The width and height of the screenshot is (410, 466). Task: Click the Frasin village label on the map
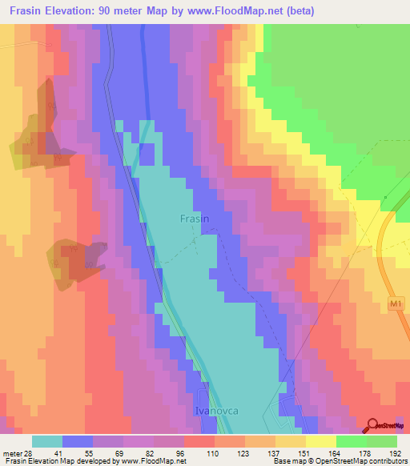click(194, 218)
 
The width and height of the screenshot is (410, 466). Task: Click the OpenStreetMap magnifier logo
click(373, 426)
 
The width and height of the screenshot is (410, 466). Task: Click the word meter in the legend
click(10, 453)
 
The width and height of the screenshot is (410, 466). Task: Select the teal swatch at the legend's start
click(47, 441)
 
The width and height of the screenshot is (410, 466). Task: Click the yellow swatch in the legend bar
click(320, 441)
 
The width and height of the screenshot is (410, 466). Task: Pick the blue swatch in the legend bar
click(78, 441)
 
